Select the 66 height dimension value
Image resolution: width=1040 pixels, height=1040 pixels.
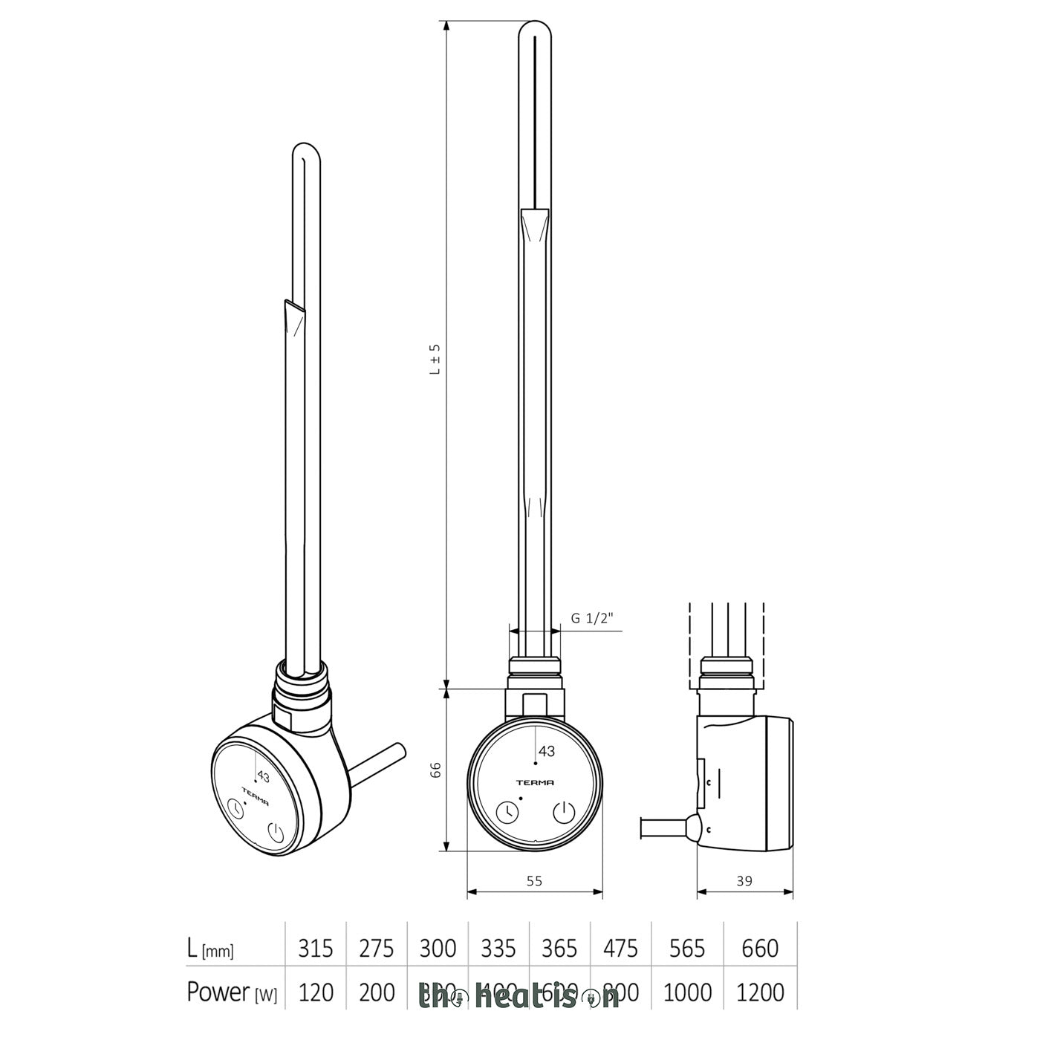(x=436, y=769)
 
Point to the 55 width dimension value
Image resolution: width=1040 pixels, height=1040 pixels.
(x=534, y=881)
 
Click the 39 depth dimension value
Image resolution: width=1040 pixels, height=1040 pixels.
(x=744, y=881)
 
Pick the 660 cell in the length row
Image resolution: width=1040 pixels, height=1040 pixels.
(x=760, y=949)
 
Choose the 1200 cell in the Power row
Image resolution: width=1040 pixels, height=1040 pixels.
(x=760, y=992)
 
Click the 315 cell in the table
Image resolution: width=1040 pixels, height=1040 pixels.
(x=316, y=949)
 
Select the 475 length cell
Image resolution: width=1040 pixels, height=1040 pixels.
(x=620, y=949)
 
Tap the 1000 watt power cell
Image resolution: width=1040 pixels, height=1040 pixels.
(x=687, y=992)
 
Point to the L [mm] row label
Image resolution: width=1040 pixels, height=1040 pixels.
(x=210, y=949)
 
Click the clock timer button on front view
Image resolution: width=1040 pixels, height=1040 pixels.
(x=508, y=813)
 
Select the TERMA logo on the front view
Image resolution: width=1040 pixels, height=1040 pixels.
(x=535, y=782)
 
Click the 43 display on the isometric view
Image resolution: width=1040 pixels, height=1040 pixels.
(x=263, y=776)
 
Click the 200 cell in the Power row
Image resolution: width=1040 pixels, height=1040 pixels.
(x=377, y=992)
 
